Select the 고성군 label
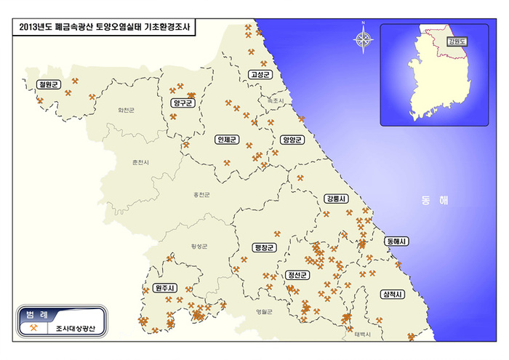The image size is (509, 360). click(x=259, y=74)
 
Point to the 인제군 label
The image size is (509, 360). click(x=225, y=139)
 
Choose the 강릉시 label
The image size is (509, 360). click(x=337, y=199)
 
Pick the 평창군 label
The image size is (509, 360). click(x=265, y=248)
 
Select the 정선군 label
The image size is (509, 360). click(x=298, y=275)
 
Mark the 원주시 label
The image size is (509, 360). click(x=165, y=288)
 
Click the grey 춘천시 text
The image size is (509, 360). click(x=140, y=161)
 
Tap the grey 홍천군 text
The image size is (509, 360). click(x=201, y=194)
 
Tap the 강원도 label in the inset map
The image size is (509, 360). click(x=457, y=41)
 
